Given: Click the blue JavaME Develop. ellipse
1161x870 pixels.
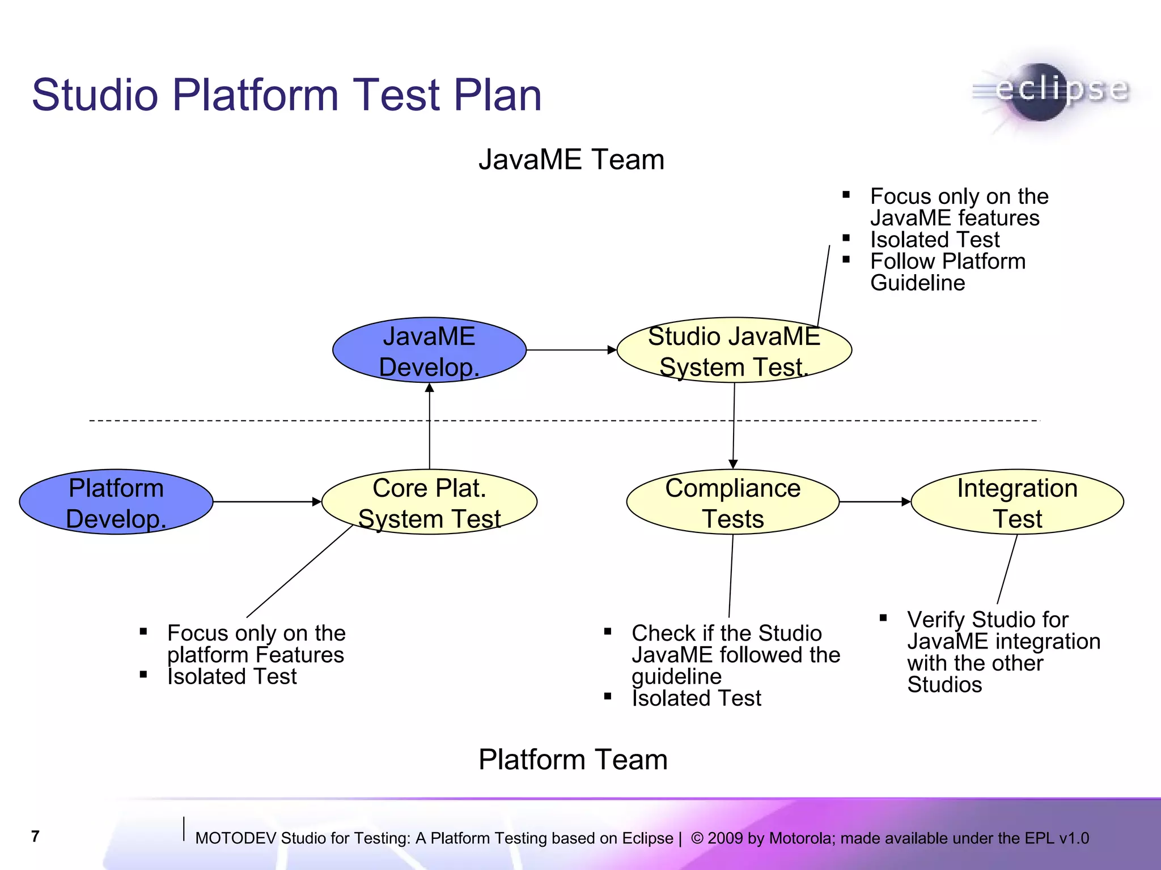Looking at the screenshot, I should coord(429,351).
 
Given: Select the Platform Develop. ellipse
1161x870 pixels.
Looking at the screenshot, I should coord(116,502).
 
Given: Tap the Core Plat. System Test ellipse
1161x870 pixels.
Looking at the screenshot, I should coord(429,502).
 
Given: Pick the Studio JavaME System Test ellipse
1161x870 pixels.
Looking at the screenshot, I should coord(734,351).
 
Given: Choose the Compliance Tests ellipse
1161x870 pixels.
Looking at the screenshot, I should coord(732,502).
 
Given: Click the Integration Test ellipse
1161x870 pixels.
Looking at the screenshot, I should coord(1017,502).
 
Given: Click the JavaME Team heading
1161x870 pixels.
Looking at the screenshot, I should coord(571,160).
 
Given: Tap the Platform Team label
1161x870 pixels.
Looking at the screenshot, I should coord(573,760).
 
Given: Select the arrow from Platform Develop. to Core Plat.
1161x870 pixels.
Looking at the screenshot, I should coord(266,502).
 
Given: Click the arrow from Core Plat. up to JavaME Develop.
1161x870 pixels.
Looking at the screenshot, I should coord(429,425).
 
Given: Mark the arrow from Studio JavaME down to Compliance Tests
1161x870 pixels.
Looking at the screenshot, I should coord(734,425).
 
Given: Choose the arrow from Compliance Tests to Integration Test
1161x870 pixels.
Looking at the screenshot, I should coord(874,502).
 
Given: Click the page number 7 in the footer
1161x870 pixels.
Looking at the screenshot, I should coord(36,837).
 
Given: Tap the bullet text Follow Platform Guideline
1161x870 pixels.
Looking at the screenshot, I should coord(947,272).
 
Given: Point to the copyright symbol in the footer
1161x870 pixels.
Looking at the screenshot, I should coord(697,838).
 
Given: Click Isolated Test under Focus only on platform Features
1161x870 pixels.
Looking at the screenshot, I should coord(232,677).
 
